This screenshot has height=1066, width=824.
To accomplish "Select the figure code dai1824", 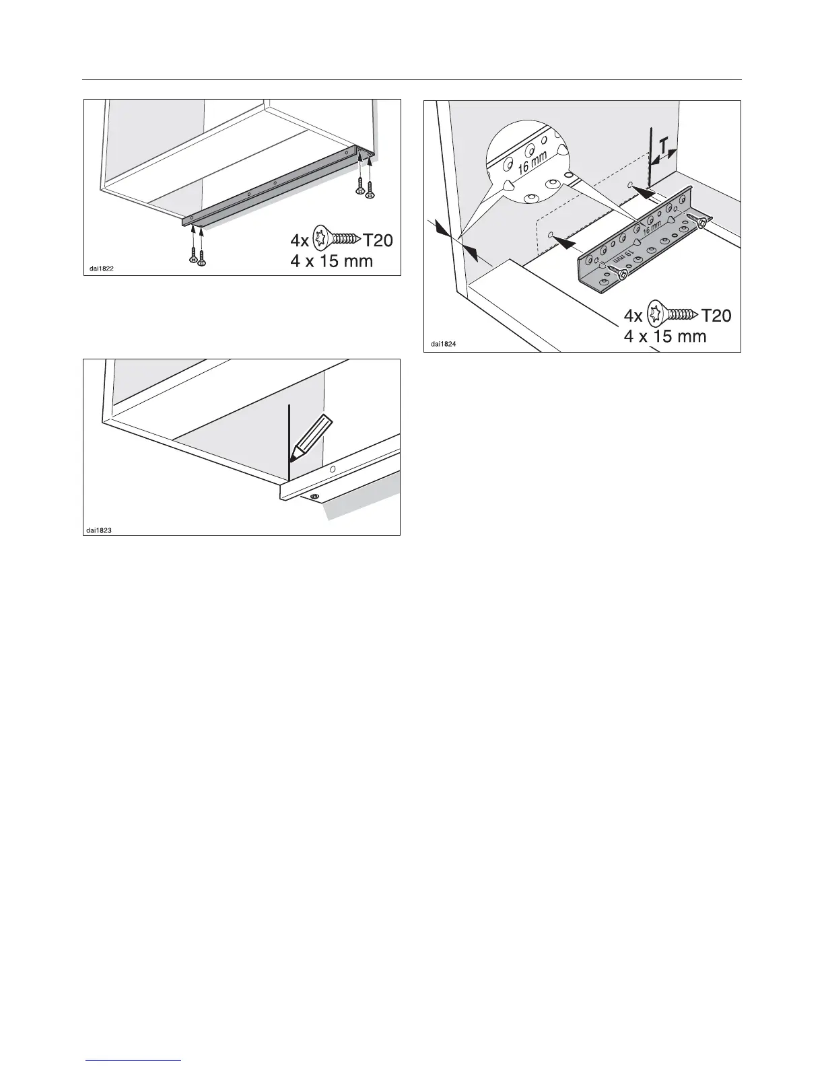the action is coord(441,345).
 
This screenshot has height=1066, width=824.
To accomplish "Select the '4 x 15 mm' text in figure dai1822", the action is coord(331,260).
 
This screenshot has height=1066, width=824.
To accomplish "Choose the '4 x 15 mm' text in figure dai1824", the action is coord(665,335).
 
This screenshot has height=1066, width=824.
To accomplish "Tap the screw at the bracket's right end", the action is coord(698,222).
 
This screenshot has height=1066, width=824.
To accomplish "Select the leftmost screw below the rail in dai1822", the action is coord(193,252).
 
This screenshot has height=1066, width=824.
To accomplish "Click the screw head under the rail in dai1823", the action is coord(314,497).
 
